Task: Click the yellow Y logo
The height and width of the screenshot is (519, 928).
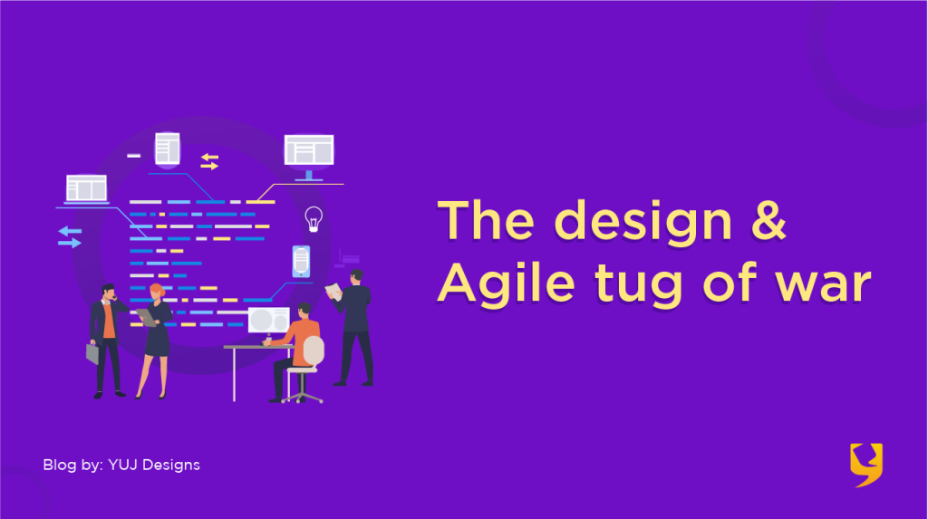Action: coord(865,465)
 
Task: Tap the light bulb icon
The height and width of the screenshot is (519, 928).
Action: coord(314,218)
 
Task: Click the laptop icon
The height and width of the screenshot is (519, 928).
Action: coord(86,189)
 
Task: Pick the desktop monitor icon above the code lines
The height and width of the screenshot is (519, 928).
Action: coord(309,151)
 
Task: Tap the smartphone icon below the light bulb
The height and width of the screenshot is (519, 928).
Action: coord(301,262)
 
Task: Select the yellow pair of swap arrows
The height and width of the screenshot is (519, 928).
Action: coord(209,161)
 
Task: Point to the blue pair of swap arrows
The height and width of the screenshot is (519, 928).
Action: coord(70,236)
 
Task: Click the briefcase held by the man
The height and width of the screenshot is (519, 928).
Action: coord(92,353)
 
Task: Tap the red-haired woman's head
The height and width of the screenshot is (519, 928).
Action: coord(157,292)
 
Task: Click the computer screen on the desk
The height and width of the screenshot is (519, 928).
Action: coord(268,321)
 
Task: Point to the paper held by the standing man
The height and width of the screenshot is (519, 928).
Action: coord(333,291)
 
